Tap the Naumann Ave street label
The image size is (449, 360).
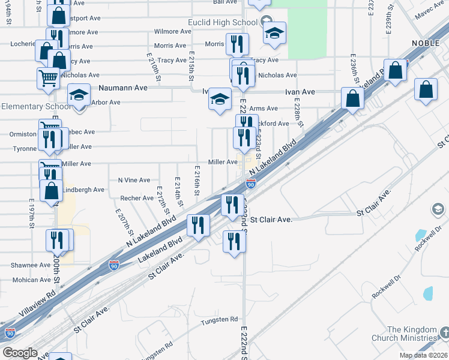coord(122,88)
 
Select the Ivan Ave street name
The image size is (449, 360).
coord(300,92)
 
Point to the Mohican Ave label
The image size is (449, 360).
coord(32,280)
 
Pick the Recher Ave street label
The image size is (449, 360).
coord(137,198)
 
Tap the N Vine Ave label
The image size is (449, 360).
coord(134,180)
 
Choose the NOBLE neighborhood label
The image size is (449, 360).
coord(430,43)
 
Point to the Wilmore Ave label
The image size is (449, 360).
coord(173,31)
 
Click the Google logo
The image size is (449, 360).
coord(20,352)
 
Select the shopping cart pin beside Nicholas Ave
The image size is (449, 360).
coord(48,77)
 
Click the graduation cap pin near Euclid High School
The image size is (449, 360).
coord(274,33)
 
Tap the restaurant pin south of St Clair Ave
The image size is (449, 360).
coord(234,241)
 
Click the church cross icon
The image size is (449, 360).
coord(444,332)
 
